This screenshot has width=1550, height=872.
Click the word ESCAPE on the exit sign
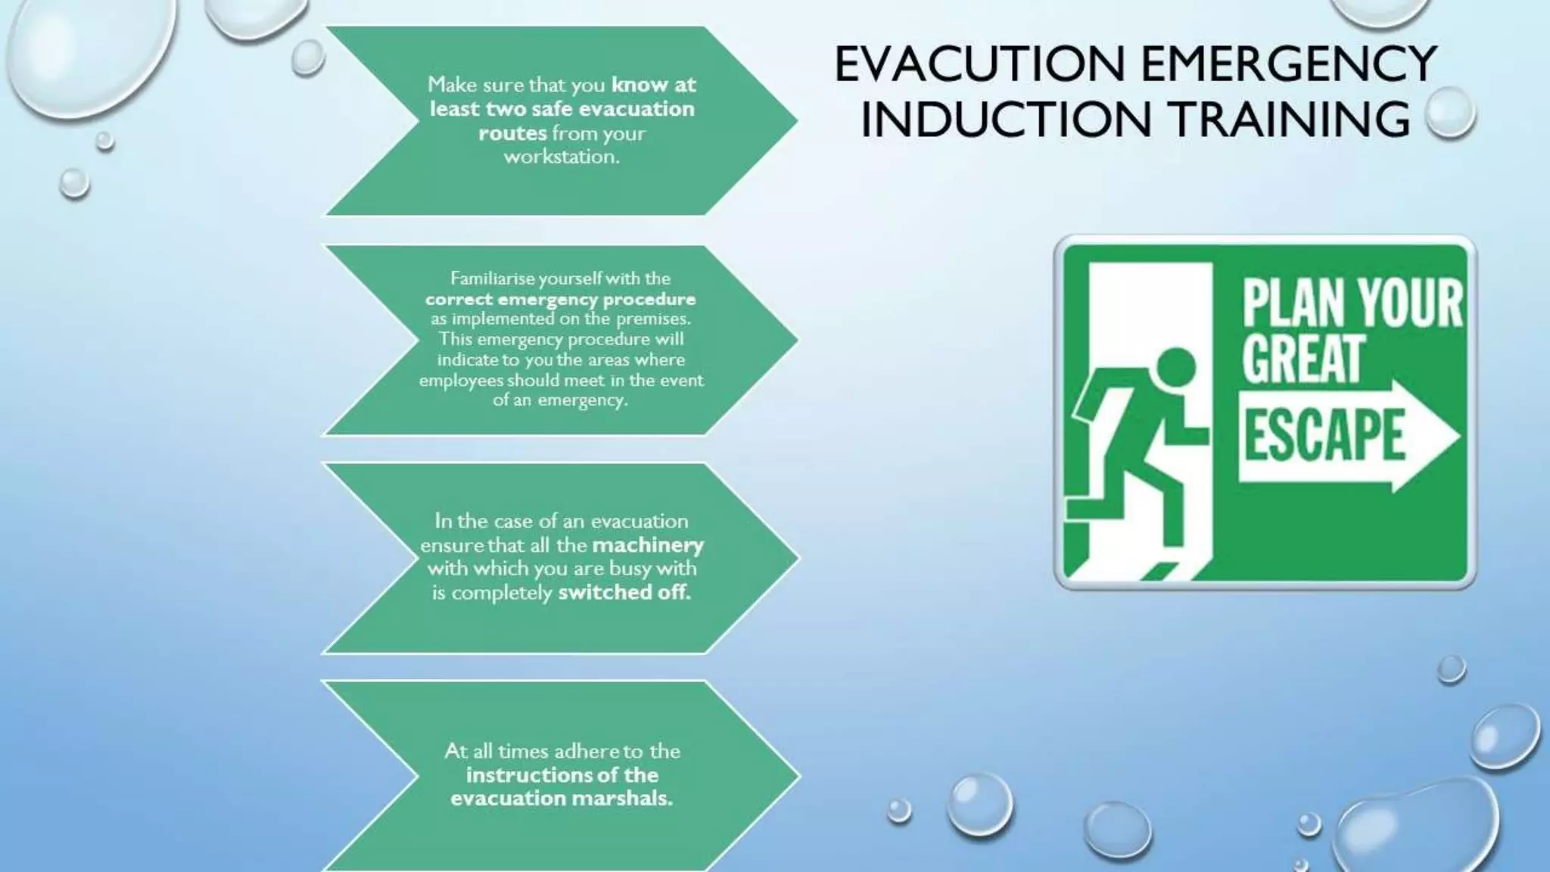1324,434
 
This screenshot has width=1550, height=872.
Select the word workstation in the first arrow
562,157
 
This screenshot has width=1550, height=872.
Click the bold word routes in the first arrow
512,133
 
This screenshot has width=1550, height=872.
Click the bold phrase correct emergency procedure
560,298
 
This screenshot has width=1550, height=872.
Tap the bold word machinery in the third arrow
648,544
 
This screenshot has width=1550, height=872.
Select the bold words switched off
624,592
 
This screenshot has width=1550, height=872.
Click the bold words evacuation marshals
562,798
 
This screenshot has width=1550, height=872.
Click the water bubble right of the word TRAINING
1449,113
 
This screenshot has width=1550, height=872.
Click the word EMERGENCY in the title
1288,64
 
